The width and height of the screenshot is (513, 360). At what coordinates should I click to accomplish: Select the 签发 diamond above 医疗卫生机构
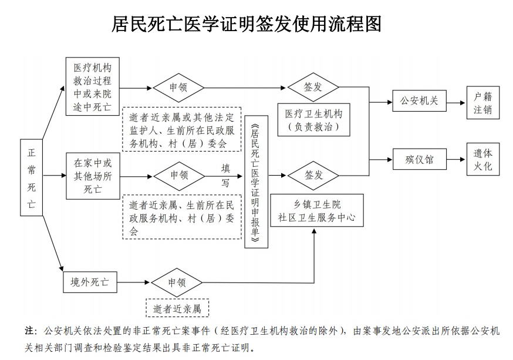pos(313,87)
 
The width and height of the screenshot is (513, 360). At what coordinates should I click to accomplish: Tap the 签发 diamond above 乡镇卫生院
pos(313,175)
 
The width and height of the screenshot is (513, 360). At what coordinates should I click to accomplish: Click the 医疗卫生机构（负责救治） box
pos(313,120)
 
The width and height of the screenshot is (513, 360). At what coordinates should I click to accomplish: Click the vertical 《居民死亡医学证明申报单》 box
pos(256,181)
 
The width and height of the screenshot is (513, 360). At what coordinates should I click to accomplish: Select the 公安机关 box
pos(419,101)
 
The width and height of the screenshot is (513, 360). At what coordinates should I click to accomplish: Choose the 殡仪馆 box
pos(419,159)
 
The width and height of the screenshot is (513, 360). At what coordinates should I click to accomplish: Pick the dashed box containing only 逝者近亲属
pos(177,308)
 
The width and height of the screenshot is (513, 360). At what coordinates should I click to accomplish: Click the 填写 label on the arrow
pos(225,175)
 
